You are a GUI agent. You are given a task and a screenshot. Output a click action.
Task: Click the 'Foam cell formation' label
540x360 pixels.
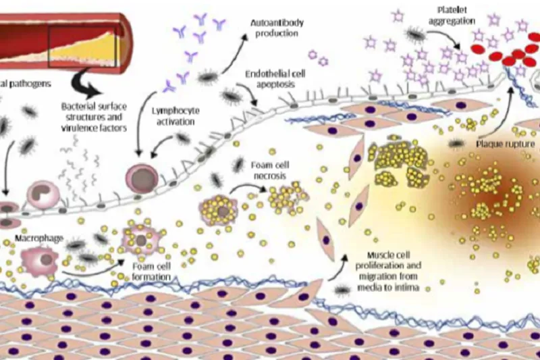153,271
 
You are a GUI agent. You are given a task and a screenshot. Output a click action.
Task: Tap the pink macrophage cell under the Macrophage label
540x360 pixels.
39,259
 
